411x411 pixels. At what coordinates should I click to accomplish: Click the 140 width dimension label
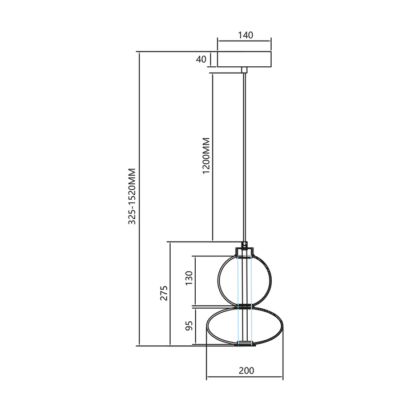click(x=244, y=35)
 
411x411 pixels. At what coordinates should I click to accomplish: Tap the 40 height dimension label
click(x=200, y=59)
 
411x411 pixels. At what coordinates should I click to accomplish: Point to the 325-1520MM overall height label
click(x=132, y=196)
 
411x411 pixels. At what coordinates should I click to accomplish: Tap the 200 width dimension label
click(x=245, y=370)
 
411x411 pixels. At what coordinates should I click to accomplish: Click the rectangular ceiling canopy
click(x=244, y=59)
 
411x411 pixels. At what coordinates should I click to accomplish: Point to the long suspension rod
click(x=245, y=154)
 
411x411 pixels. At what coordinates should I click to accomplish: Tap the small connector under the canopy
click(x=245, y=70)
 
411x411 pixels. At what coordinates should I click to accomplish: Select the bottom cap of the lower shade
click(x=245, y=344)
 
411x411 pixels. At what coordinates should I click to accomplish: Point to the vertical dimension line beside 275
click(x=170, y=293)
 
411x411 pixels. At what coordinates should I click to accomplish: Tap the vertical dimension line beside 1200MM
click(x=212, y=156)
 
